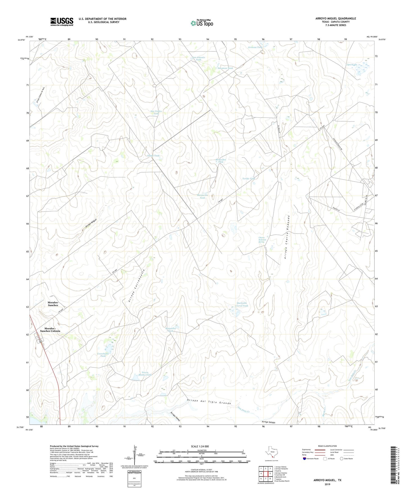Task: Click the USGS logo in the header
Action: pyautogui.click(x=62, y=22)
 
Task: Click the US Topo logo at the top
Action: pyautogui.click(x=202, y=23)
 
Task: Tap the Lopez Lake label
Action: pyautogui.click(x=351, y=65)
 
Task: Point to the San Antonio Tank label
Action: pyautogui.click(x=199, y=59)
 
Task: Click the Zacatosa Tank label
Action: pyautogui.click(x=225, y=68)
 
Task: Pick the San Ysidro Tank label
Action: pyautogui.click(x=156, y=113)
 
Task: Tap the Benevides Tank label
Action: pyautogui.click(x=221, y=161)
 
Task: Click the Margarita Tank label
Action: pyautogui.click(x=202, y=196)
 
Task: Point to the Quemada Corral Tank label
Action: pyautogui.click(x=242, y=304)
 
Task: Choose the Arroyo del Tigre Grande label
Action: pyautogui.click(x=209, y=401)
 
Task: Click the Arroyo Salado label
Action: pyautogui.click(x=268, y=422)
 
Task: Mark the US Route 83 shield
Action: pyautogui.click(x=41, y=341)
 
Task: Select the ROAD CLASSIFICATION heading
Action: pyautogui.click(x=327, y=446)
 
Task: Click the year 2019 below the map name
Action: pyautogui.click(x=327, y=484)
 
